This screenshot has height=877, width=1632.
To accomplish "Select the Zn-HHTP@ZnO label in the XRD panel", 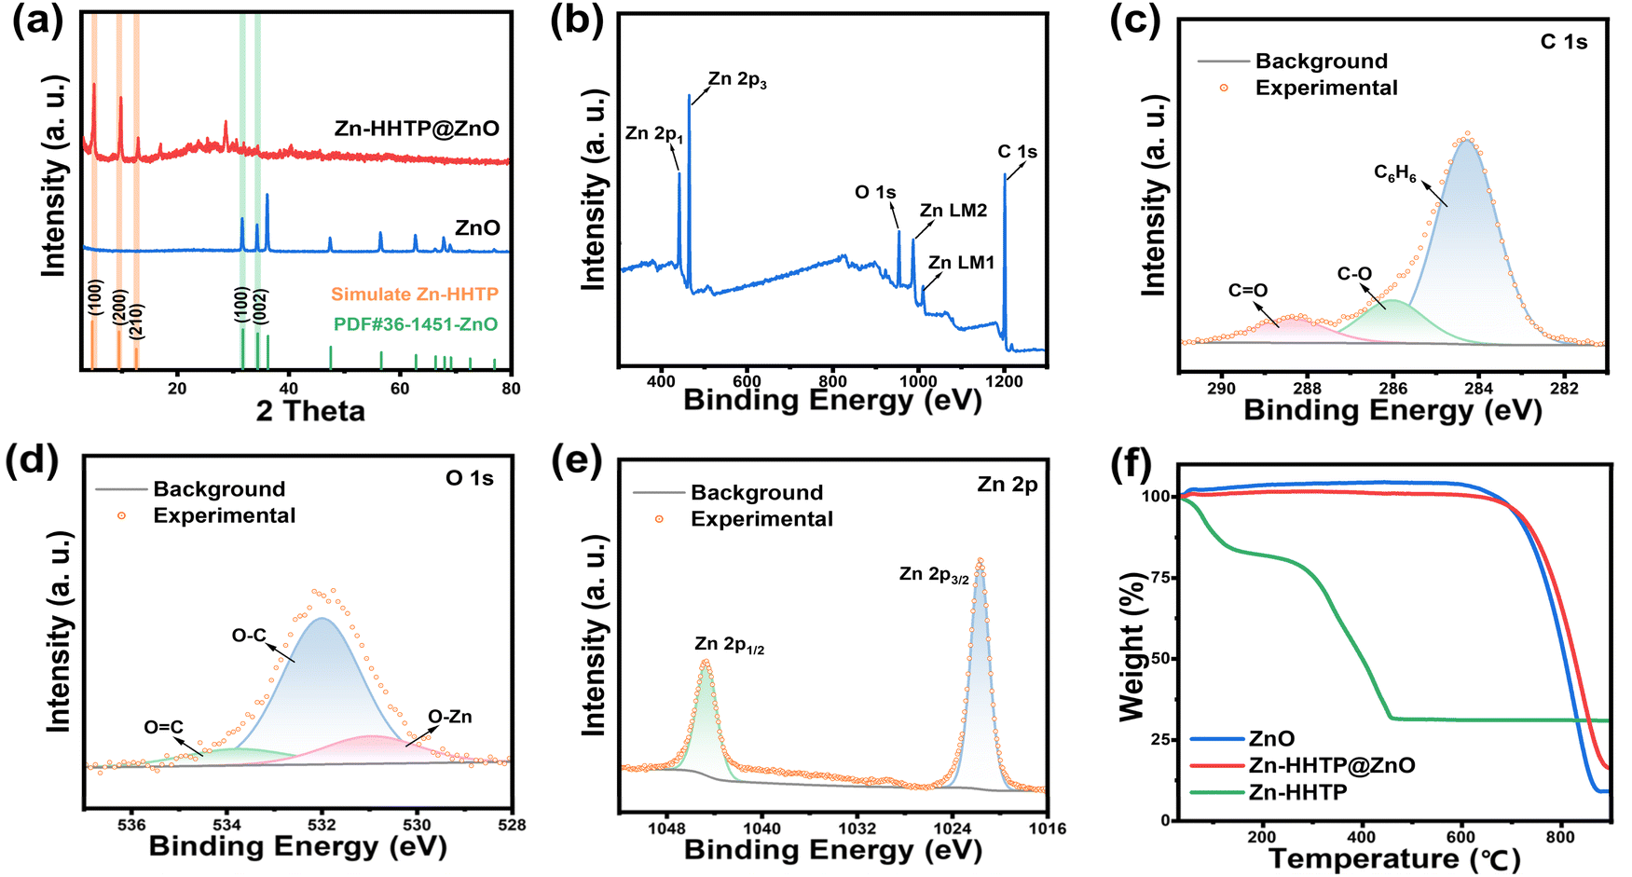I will pyautogui.click(x=417, y=129).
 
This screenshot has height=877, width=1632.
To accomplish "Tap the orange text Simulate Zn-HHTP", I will pyautogui.click(x=415, y=295).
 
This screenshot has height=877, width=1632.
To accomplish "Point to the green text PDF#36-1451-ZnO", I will pyautogui.click(x=416, y=324).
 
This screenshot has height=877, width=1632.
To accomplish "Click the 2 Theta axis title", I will pyautogui.click(x=310, y=411).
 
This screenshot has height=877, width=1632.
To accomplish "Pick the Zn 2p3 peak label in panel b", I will pyautogui.click(x=737, y=80).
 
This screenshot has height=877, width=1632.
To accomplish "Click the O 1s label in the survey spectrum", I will pyautogui.click(x=875, y=192).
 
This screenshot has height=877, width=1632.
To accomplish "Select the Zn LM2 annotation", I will pyautogui.click(x=953, y=211).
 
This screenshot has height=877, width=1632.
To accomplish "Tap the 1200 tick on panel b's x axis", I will pyautogui.click(x=1005, y=380).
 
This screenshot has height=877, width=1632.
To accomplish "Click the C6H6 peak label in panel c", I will pyautogui.click(x=1395, y=173).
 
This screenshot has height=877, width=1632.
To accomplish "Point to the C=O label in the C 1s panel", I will pyautogui.click(x=1248, y=291).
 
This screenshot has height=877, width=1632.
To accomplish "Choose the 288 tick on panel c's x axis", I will pyautogui.click(x=1307, y=389).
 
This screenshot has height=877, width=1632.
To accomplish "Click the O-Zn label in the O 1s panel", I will pyautogui.click(x=450, y=717).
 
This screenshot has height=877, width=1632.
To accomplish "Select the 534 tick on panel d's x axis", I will pyautogui.click(x=227, y=825).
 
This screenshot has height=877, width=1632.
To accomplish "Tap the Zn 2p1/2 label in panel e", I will pyautogui.click(x=729, y=645).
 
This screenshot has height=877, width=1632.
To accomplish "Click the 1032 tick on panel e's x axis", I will pyautogui.click(x=857, y=828).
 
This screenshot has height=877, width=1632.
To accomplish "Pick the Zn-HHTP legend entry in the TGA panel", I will pyautogui.click(x=1297, y=792).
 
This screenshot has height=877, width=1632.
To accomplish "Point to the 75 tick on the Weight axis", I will pyautogui.click(x=1159, y=578).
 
